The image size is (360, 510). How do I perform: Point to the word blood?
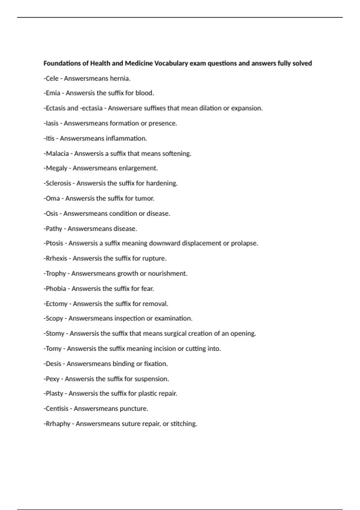click(x=145, y=93)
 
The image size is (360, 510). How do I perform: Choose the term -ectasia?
click(x=91, y=108)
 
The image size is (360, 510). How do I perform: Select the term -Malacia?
click(x=56, y=154)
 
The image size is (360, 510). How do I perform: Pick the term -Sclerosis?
click(x=57, y=183)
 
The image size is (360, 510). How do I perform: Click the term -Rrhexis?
click(x=55, y=259)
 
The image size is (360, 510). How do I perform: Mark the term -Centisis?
click(x=56, y=409)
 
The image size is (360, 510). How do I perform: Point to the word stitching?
click(x=184, y=424)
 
